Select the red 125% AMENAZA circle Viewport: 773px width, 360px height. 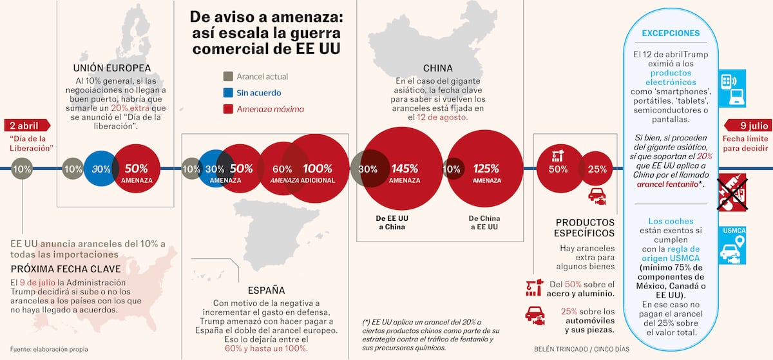(486, 169)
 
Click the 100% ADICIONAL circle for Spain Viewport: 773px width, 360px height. (317, 169)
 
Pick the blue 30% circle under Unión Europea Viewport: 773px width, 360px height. (100, 169)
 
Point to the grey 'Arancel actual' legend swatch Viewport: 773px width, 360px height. (227, 76)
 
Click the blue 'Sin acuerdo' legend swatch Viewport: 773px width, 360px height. (227, 93)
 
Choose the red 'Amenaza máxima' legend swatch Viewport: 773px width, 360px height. (227, 109)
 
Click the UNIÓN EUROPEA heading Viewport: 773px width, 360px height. (112, 68)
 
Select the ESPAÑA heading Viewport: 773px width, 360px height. (266, 290)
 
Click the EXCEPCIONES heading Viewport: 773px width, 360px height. (671, 33)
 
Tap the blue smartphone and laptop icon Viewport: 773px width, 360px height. (732, 87)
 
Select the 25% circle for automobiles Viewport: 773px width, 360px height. (597, 169)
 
